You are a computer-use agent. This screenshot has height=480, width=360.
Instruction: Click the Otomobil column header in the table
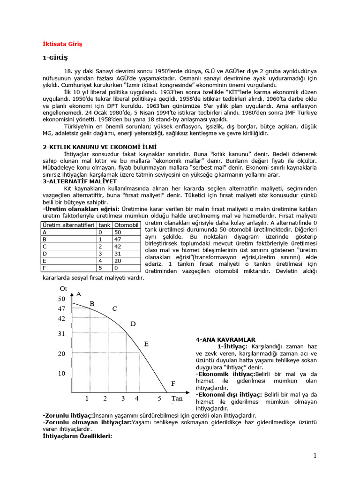[127, 225]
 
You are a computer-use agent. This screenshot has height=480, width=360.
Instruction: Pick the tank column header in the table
[105, 225]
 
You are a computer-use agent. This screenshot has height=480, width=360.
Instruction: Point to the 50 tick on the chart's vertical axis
[62, 299]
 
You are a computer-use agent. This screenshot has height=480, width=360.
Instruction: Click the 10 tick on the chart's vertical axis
[62, 374]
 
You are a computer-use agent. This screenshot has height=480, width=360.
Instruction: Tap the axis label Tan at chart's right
[176, 399]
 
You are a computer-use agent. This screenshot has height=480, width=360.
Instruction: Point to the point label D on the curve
[133, 324]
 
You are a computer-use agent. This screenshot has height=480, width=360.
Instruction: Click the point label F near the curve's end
[173, 383]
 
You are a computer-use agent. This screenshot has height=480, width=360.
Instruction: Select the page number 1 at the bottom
[315, 456]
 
